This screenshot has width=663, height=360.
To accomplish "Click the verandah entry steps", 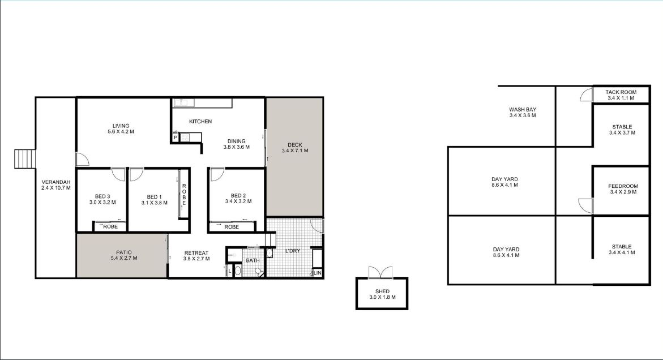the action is [25, 159].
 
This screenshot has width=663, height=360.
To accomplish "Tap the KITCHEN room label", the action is [200, 121].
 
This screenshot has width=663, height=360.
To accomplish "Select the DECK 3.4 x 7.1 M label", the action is [295, 148].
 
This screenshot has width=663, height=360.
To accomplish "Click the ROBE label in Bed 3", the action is [111, 227].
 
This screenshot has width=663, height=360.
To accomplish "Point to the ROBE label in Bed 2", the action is [232, 227].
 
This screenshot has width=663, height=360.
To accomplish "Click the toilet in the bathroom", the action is [259, 273].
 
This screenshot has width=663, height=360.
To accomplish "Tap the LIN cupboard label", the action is [318, 273].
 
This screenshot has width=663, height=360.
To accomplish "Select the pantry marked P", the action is [175, 138].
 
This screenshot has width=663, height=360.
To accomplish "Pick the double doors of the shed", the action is [380, 272].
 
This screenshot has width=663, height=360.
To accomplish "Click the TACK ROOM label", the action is [621, 92].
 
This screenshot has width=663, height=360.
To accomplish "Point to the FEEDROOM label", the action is [623, 186].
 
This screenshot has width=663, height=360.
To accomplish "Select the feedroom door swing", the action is [585, 205].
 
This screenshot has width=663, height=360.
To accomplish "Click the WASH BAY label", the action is [523, 109].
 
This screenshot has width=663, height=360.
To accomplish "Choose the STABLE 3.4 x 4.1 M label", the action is [622, 250].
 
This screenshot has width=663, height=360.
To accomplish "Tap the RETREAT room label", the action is [196, 253].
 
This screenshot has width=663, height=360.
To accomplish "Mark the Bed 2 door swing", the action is [217, 175].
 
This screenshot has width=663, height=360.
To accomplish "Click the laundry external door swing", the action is [316, 225].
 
